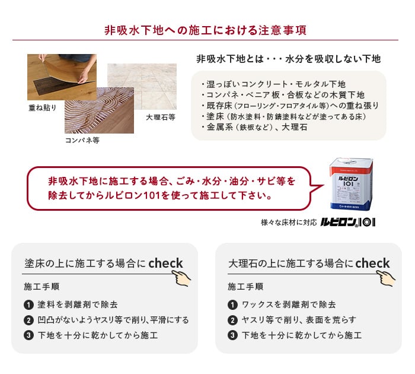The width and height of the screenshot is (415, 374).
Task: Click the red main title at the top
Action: point(205,30)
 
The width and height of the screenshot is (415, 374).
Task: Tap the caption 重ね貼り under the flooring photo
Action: point(43,107)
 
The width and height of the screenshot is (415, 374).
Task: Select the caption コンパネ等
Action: point(82,140)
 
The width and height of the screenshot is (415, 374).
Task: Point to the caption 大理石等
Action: point(161,117)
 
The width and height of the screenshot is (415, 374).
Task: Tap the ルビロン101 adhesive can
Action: point(351,184)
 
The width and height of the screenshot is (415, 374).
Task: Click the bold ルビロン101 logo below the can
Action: point(348,223)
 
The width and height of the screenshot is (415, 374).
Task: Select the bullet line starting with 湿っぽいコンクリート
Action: point(273,84)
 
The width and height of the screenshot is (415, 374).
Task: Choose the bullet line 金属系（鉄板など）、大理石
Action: point(254,127)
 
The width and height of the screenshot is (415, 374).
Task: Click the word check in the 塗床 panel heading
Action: point(165,263)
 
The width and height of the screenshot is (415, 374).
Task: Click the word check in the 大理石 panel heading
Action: point(372,263)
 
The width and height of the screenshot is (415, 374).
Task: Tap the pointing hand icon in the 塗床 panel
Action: point(181,278)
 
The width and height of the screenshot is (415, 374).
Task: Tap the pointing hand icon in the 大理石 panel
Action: point(386,278)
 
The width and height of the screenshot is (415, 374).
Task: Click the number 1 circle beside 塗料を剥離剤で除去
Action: point(28,305)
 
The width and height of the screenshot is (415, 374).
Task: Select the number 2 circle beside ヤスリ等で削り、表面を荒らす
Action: point(232,320)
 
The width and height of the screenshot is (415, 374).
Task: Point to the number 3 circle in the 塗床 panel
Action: point(28,335)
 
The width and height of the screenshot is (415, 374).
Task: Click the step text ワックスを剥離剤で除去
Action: point(289,305)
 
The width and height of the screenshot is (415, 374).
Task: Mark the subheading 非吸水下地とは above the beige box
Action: point(230,59)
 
